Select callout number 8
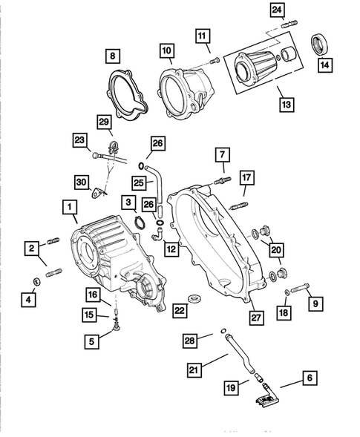tap(112, 55)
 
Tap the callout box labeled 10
tap(167, 50)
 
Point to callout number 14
tap(324, 64)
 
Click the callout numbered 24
tap(276, 10)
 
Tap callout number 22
tap(178, 310)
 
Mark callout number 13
tap(286, 105)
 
